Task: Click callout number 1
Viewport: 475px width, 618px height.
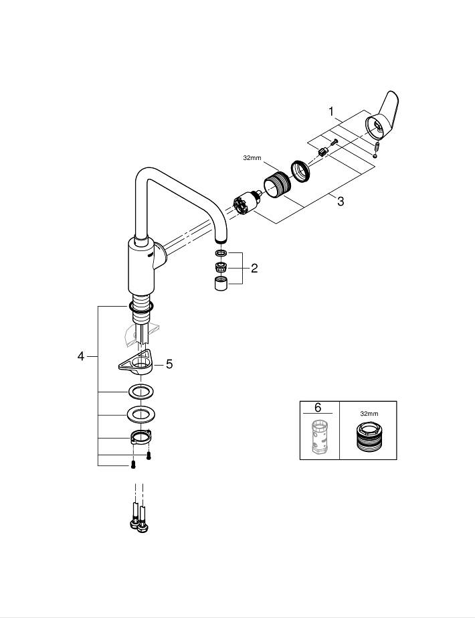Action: (330, 110)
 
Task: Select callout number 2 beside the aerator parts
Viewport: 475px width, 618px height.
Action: (254, 268)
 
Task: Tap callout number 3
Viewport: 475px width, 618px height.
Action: (341, 202)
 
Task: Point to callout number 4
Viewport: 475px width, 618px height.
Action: (81, 357)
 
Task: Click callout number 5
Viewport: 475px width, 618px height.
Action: (169, 364)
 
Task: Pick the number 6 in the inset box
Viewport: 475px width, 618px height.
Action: (318, 408)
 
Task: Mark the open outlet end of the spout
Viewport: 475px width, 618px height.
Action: (221, 238)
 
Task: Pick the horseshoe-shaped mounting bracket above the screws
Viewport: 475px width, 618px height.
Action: (141, 439)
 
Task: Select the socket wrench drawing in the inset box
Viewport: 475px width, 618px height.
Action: (367, 439)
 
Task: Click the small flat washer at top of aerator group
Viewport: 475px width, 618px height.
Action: (221, 254)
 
